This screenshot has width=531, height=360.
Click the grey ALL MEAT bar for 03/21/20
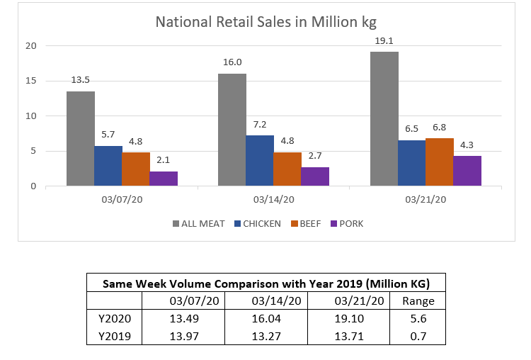(x=384, y=119)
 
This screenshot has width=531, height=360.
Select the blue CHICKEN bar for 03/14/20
(x=260, y=161)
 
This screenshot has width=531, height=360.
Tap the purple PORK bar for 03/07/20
(x=164, y=179)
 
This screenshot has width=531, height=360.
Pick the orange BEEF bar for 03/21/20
(x=439, y=162)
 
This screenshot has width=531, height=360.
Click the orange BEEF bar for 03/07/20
(x=136, y=169)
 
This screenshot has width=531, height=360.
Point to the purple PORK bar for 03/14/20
(x=315, y=176)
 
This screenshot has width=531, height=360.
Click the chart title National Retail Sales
(x=265, y=22)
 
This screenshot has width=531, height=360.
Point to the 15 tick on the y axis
(x=31, y=81)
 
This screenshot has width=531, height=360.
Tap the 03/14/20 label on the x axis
(x=273, y=200)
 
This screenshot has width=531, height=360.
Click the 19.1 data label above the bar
(x=384, y=41)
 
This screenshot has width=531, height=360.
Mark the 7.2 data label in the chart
(x=260, y=125)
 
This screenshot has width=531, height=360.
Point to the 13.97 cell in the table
(x=182, y=336)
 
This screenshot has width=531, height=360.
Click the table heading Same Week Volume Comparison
(x=266, y=283)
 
